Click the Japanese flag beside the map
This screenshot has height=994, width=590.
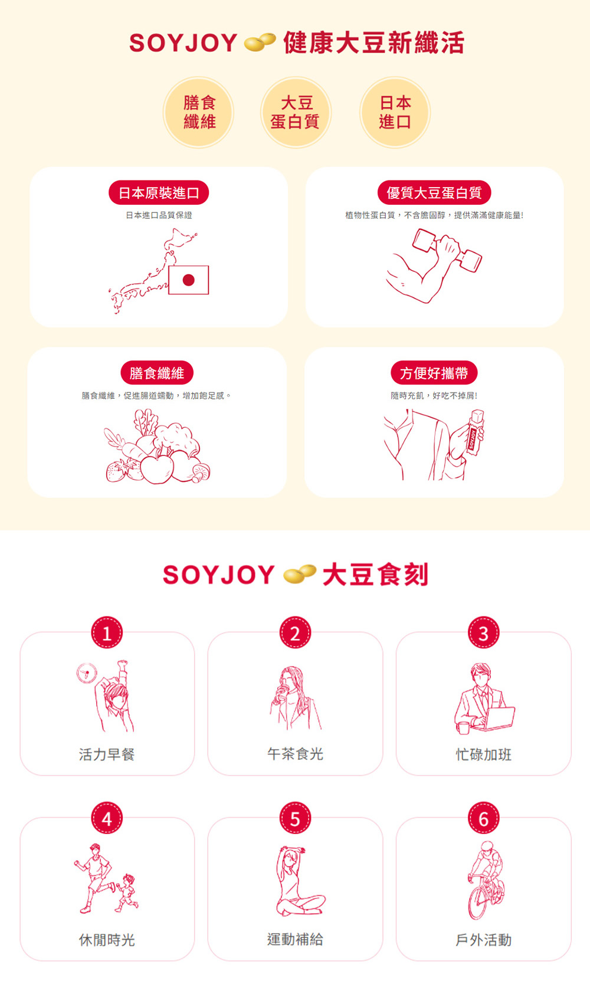(x=188, y=280)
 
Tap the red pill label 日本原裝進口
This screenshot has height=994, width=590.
(x=159, y=193)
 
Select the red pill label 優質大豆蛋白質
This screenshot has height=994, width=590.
(x=434, y=193)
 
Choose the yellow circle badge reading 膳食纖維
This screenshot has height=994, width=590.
(x=199, y=112)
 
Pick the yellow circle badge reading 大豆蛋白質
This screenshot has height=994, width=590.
(x=296, y=112)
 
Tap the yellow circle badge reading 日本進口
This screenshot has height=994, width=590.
(x=395, y=112)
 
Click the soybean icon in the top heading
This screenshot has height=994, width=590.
(x=260, y=42)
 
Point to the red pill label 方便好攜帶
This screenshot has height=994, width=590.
(x=434, y=373)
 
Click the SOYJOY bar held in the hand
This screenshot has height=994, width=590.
(x=474, y=433)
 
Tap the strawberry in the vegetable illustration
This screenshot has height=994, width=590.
(x=116, y=470)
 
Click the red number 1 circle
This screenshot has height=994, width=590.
(x=107, y=633)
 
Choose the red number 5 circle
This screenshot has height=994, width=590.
(x=295, y=818)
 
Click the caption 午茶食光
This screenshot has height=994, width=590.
(x=295, y=754)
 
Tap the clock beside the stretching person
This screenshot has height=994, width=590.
(x=87, y=672)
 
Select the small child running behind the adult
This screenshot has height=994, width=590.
(x=127, y=892)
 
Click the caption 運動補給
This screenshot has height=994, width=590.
(x=295, y=939)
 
